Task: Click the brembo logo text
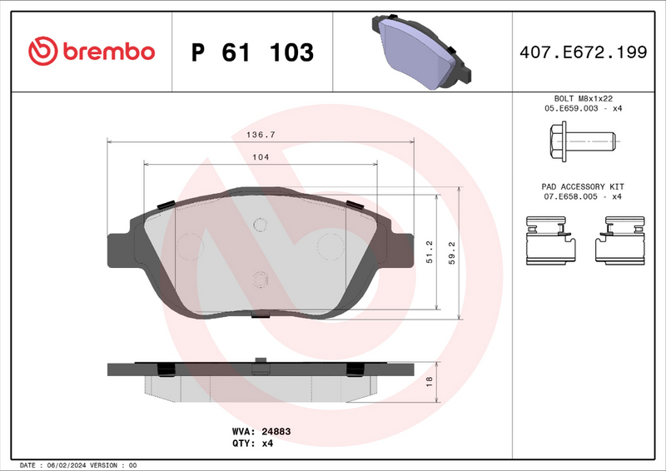(x=107, y=51)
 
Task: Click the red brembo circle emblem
(x=42, y=52)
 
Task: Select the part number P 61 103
(x=252, y=52)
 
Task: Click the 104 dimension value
(x=261, y=156)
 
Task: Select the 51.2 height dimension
(x=430, y=251)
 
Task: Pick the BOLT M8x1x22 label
(x=584, y=98)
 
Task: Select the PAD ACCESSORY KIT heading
(x=584, y=186)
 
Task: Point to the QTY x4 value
(x=267, y=444)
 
